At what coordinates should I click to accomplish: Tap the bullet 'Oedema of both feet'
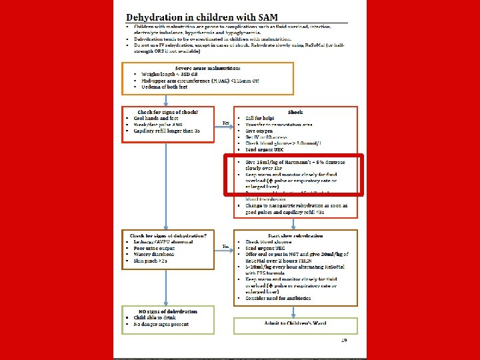click(163, 87)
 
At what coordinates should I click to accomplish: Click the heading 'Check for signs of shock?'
click(167, 111)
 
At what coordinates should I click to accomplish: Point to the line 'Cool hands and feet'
click(160, 117)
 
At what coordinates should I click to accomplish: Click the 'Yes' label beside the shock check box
click(226, 123)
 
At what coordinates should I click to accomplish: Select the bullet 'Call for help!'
click(261, 118)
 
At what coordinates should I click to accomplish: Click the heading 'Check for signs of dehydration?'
click(167, 235)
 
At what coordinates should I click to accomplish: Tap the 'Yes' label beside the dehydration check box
click(226, 246)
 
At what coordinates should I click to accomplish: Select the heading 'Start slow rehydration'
click(295, 235)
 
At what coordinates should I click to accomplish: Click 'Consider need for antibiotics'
click(278, 297)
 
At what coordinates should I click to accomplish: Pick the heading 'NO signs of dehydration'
click(167, 311)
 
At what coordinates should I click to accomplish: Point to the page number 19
click(344, 341)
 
